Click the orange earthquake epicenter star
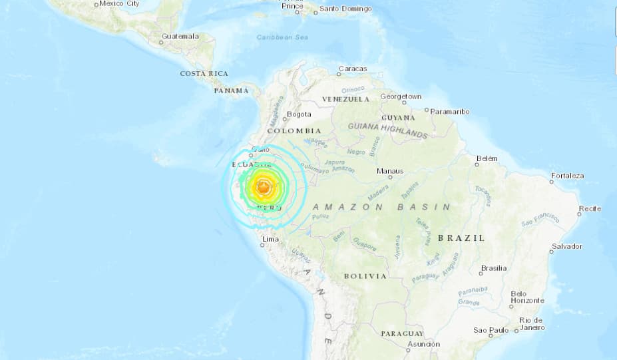[x=264, y=189]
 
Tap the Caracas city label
[x=352, y=69]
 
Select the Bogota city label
[x=299, y=114]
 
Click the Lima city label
[x=270, y=238]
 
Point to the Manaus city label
[x=390, y=171]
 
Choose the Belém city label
[x=487, y=158]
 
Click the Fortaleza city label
[x=567, y=176]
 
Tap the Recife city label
[x=590, y=209]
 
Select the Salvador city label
[x=566, y=246]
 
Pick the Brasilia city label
[x=493, y=268]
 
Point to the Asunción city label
[x=423, y=344]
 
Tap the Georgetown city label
[x=401, y=96]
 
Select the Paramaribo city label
[x=450, y=111]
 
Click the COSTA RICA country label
[x=204, y=73]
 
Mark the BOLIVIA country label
[x=365, y=275]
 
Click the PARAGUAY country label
[x=402, y=333]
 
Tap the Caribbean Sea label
[x=282, y=37]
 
